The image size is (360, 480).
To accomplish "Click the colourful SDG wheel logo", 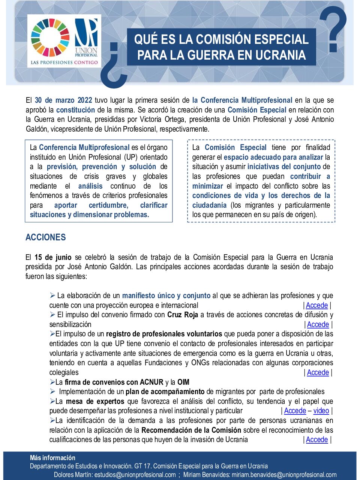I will coord(50,37).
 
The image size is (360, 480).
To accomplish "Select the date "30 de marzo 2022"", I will coord(63,100).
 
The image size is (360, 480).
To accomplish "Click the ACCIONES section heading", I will coord(45,237).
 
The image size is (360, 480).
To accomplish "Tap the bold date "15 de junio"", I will coord(53,257).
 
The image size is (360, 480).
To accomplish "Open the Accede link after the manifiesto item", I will coord(317,305).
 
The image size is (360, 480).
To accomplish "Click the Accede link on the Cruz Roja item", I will coord(318,324).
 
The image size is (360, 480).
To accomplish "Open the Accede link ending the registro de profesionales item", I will coord(318,372).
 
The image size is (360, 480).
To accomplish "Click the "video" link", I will coord(321,411).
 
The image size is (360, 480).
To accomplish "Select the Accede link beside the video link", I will coord(295,411).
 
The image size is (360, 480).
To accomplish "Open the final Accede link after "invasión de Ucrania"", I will coord(317,439).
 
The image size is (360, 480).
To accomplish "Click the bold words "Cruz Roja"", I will coord(183,315).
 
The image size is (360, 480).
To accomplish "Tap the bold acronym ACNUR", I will coord(151,382).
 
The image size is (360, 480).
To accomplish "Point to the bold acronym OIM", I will coord(183,382).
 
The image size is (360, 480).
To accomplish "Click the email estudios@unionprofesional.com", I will coord(135,474).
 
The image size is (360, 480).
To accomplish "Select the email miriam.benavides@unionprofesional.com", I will coord(284,474).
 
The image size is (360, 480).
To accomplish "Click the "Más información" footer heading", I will coord(52,457).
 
